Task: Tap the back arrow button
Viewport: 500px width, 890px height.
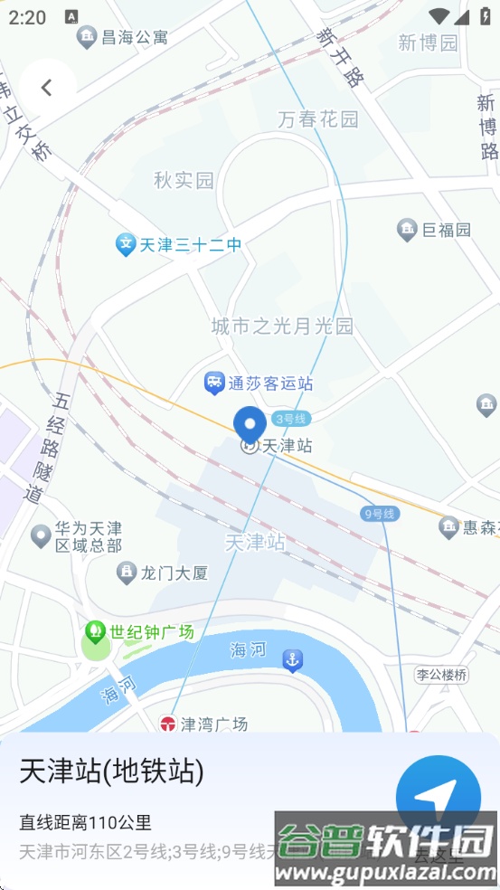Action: point(47,87)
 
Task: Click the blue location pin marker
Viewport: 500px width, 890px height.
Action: point(250,424)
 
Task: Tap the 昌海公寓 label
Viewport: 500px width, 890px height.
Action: point(135,37)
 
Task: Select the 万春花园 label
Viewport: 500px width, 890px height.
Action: point(318,118)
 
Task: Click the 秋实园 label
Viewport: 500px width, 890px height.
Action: point(184,180)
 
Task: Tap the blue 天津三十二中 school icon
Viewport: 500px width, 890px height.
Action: point(126,244)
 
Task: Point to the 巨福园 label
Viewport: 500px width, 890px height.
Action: point(447,230)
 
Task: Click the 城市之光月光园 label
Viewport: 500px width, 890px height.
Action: point(282,327)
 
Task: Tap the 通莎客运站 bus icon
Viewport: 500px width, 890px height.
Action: point(214,383)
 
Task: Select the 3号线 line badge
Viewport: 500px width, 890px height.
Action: point(291,418)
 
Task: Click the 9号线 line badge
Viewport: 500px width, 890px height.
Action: point(379,514)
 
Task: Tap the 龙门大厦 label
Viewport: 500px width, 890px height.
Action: point(175,573)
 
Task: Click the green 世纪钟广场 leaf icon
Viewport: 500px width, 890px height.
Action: point(94,631)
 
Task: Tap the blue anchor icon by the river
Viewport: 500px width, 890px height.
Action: point(292,660)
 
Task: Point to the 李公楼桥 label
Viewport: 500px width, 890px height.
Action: point(442,675)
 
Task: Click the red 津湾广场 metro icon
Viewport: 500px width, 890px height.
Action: point(167,724)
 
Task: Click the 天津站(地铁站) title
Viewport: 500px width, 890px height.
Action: point(111,772)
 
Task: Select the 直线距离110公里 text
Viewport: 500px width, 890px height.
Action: point(85,822)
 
